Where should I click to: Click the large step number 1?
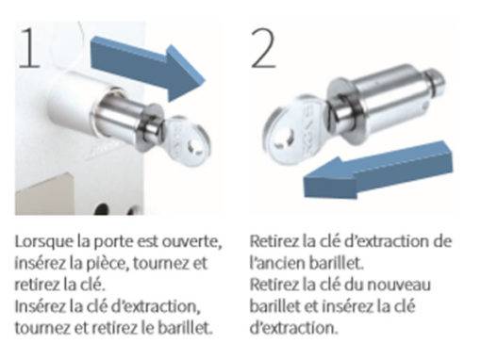30,48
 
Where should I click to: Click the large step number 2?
263,48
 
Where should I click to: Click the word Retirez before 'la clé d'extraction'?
274,242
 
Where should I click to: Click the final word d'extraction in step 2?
293,328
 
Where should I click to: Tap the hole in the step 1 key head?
192,148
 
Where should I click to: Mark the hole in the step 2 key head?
284,140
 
